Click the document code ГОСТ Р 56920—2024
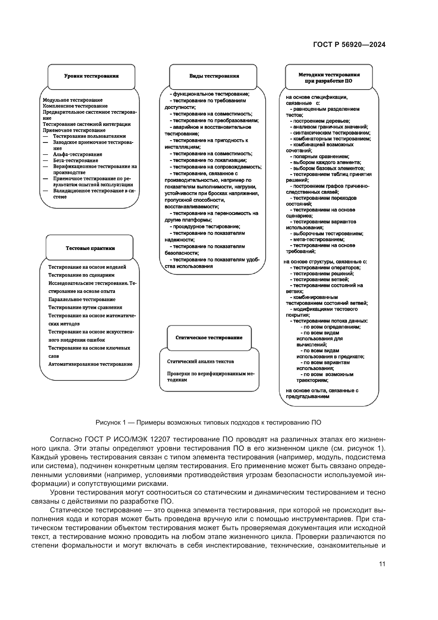coord(349,45)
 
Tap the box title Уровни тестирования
coord(91,76)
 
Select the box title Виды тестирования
coord(214,76)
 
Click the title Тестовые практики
coord(90,248)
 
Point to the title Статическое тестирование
coord(209,338)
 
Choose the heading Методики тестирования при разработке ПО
coord(329,78)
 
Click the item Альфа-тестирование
coord(77,155)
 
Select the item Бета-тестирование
coord(75,160)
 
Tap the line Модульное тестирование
coord(73,100)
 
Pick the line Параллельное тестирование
coord(82,300)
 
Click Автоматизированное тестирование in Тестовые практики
coord(90,364)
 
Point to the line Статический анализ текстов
coord(200,362)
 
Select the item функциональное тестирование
coord(211,94)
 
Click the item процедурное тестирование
coord(206,227)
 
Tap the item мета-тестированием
coord(319,240)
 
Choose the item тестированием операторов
coord(327,268)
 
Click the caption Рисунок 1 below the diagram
coord(208,423)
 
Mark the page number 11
coord(382,564)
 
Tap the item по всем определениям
coord(332,327)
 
